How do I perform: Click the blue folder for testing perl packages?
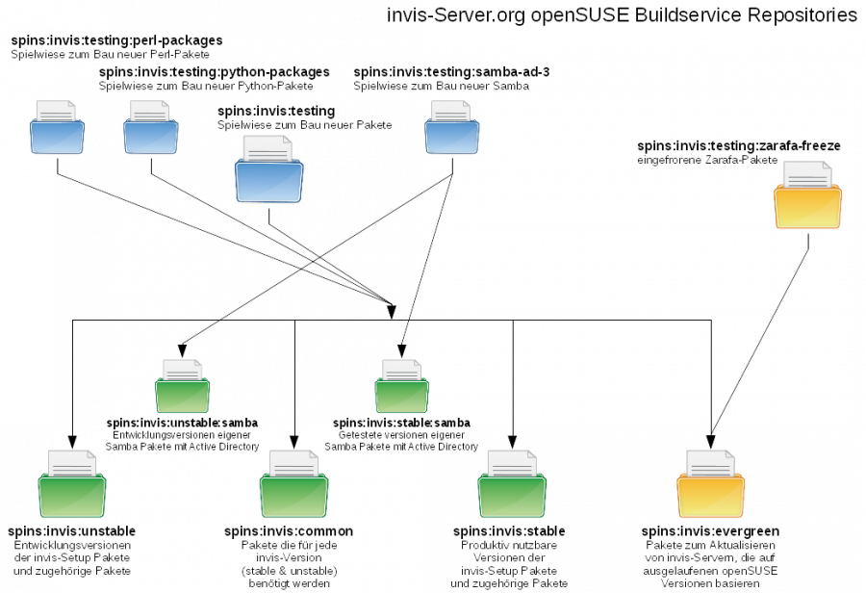pos(60,132)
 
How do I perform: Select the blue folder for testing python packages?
pos(151,132)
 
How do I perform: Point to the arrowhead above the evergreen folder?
pos(711,441)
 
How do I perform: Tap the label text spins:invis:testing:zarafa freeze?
pos(738,146)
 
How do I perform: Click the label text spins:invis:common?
pos(289,531)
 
